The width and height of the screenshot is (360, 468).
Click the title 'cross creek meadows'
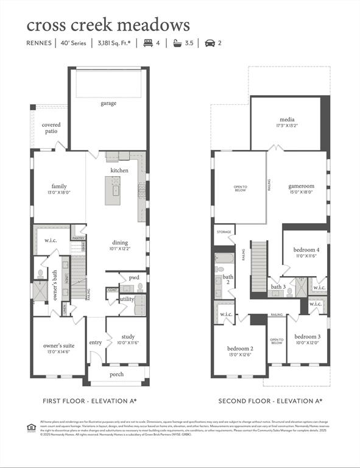click(x=108, y=25)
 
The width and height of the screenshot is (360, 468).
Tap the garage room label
click(x=108, y=104)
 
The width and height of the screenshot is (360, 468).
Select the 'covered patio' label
click(x=51, y=128)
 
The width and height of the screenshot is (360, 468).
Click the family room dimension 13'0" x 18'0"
click(x=59, y=192)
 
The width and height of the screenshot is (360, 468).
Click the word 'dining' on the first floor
click(x=119, y=243)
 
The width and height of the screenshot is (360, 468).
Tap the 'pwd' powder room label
click(x=133, y=277)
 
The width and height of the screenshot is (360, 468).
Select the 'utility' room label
click(x=127, y=299)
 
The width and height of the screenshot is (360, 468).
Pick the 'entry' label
click(x=96, y=342)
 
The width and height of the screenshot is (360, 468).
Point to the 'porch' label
click(x=116, y=374)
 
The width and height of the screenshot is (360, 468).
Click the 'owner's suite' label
click(x=59, y=346)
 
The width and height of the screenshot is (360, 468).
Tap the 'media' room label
click(x=287, y=119)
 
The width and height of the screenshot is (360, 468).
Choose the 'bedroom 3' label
click(x=307, y=336)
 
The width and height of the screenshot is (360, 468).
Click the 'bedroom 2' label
click(x=239, y=349)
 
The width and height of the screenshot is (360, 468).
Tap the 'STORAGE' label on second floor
click(x=224, y=232)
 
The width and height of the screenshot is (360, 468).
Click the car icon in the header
click(x=210, y=43)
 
